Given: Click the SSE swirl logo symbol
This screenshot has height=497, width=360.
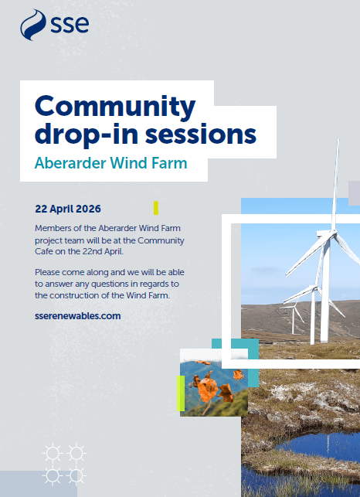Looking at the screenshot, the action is pos(33,25).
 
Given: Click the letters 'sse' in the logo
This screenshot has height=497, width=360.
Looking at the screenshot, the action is pos(70,24).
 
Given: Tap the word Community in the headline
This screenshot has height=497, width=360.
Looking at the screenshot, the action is pos(115,107).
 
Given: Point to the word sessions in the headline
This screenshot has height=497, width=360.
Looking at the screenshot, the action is pos(201,134).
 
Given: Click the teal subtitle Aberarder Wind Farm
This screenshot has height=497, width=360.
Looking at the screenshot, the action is pos(111,163).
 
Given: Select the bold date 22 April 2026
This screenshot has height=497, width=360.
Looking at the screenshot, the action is pos(68,209).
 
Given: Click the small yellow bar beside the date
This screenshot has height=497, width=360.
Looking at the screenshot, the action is pos(156,208).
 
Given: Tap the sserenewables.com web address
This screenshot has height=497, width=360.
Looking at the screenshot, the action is pos(78,316).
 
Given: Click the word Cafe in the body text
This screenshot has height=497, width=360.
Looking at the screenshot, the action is pos(44,252).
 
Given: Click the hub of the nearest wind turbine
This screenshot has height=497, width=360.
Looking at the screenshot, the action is pos(330,234).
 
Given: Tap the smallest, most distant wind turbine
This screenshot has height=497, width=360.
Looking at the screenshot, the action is pos(293,317).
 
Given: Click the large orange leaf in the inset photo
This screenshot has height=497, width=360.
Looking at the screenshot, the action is pos(207,389).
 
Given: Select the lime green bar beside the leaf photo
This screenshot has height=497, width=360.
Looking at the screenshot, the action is pos(180,393).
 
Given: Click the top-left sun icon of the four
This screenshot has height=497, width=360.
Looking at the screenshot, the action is pos(53,453).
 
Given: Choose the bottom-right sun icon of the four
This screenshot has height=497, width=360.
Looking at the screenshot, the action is pos(76,476).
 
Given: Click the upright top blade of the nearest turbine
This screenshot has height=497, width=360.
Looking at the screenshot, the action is pos(335,184).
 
